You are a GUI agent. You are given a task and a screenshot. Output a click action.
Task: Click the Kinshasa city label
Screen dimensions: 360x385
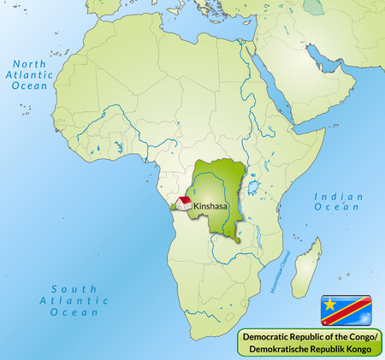tap(211, 206)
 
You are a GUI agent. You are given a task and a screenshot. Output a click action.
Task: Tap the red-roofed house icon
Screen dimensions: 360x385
tap(183, 203)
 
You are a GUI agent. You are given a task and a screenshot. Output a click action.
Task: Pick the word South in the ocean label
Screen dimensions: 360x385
tap(63, 288)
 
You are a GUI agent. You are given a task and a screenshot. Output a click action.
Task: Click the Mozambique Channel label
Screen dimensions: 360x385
tap(280, 274)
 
